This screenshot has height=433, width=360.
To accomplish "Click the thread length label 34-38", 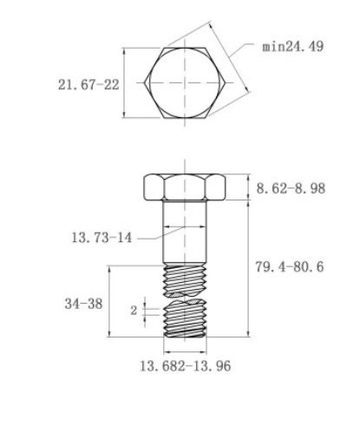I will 83,304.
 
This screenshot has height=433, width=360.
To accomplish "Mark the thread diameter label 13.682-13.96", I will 185,365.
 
